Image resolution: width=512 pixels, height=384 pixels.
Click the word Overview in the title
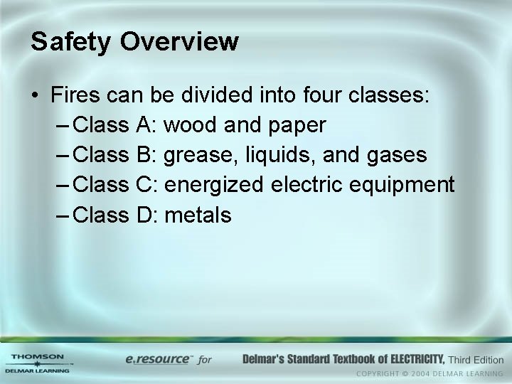179,41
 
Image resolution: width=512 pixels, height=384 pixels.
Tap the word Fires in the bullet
75,95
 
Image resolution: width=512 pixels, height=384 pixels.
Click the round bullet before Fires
35,96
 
